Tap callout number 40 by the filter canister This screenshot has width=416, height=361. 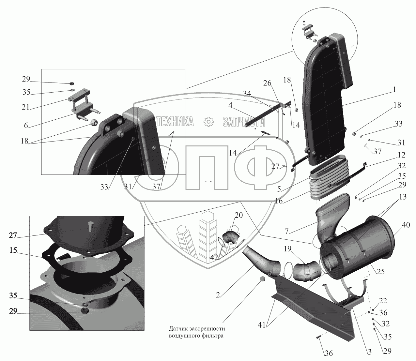click(x=406, y=225)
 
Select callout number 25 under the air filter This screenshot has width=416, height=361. click(x=380, y=271)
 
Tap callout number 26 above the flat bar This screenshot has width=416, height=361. click(x=267, y=84)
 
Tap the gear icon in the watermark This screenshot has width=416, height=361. click(x=208, y=122)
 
